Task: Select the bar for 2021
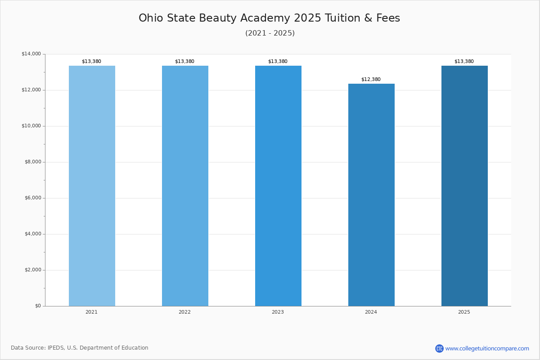coord(92,186)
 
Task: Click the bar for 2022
coord(185,186)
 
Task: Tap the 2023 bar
coord(278,186)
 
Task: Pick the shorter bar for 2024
coord(371,195)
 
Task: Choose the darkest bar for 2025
coord(464,186)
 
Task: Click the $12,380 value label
coord(371,80)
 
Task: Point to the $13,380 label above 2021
coord(91,62)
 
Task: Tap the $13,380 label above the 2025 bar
coord(464,62)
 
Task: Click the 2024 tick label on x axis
coord(371,312)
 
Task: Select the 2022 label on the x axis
coord(184,312)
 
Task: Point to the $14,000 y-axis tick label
coord(31,54)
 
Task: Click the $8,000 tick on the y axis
coord(32,162)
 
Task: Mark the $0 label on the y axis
coord(38,306)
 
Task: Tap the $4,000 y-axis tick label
coord(32,234)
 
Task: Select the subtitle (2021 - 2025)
coord(270,33)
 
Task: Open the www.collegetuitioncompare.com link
coord(487,348)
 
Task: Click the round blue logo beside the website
coord(439,348)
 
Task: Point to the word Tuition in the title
coord(345,18)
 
